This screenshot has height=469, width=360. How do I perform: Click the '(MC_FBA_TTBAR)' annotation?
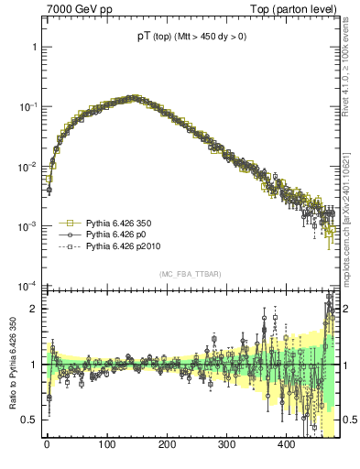188,275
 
